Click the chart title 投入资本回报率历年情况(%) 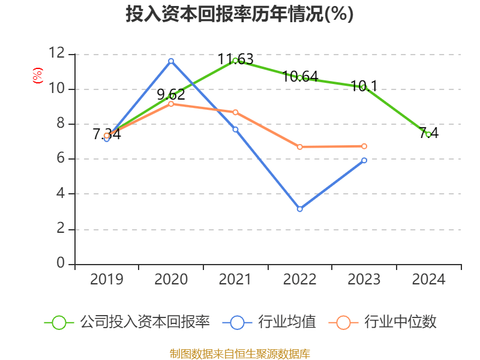click(239, 14)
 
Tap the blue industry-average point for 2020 click(171, 61)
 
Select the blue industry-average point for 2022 click(299, 209)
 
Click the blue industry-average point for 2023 click(364, 160)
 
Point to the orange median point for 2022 click(299, 147)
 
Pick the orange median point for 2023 click(364, 146)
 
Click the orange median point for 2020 click(171, 104)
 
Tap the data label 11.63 click(235, 59)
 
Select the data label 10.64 click(299, 77)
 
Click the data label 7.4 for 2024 click(428, 133)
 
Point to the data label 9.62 click(171, 94)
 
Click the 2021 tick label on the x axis click(235, 280)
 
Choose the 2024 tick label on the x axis click(428, 280)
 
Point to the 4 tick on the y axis click(61, 194)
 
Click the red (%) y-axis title click(37, 76)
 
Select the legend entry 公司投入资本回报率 click(144, 322)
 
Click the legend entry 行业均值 click(286, 322)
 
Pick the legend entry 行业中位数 click(402, 322)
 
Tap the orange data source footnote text click(239, 353)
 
